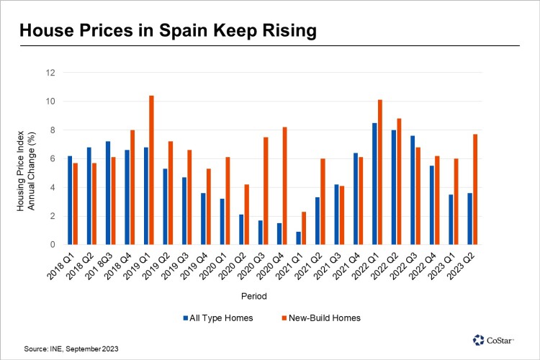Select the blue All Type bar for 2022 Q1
[374, 184]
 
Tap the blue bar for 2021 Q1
[298, 238]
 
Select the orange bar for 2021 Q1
[304, 228]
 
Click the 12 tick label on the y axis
[50, 73]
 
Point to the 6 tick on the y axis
[52, 158]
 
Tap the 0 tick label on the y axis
[52, 245]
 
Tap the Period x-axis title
[270, 296]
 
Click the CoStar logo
[498, 338]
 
